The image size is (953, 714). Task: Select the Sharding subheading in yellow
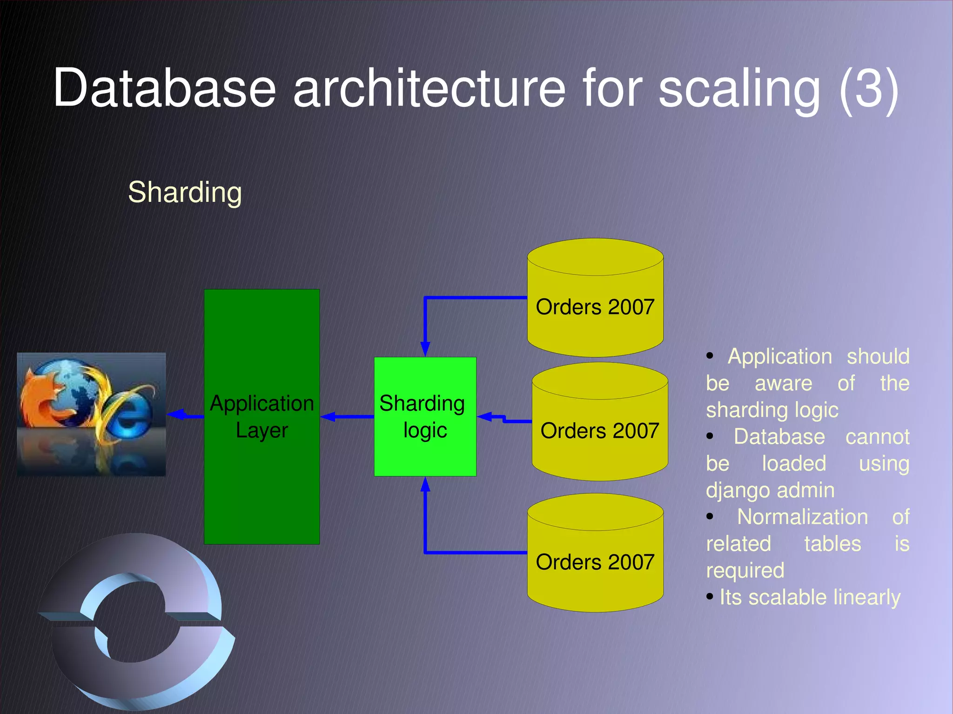tap(185, 192)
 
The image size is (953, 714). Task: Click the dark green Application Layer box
tap(262, 488)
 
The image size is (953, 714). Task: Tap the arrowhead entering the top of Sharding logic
tap(425, 349)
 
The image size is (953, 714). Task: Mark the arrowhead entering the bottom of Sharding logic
tap(425, 485)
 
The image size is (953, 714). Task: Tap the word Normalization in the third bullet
tap(802, 517)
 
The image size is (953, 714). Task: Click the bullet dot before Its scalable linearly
tap(710, 596)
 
